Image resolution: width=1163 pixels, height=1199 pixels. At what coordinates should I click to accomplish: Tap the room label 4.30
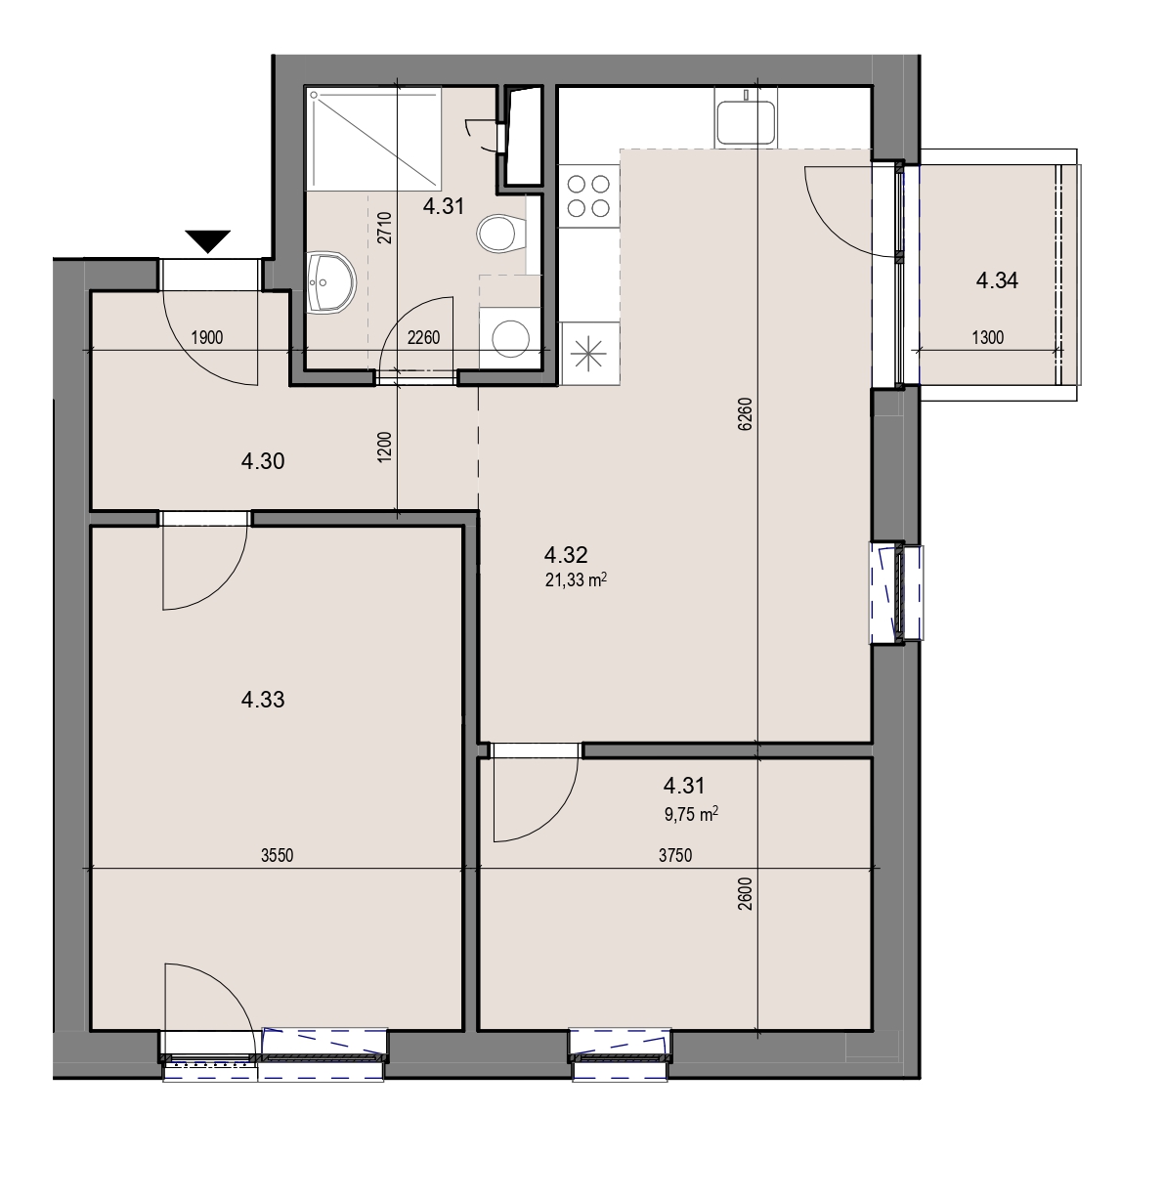(263, 461)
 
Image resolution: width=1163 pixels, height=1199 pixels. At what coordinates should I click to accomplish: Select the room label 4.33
(263, 700)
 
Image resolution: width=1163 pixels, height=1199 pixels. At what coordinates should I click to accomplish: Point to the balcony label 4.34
(997, 281)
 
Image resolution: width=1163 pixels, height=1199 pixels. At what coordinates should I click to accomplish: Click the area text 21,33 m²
(576, 579)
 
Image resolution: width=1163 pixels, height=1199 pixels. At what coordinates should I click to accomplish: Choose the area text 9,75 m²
(691, 815)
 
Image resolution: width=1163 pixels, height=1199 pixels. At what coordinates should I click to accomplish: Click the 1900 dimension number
(207, 338)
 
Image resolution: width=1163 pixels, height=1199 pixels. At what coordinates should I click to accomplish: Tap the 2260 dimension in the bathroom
(423, 338)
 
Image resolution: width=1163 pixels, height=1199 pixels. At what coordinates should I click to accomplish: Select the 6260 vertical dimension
(745, 414)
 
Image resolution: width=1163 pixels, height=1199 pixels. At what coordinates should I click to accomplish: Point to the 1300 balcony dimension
(987, 338)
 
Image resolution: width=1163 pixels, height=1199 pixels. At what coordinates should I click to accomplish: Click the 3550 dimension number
(277, 855)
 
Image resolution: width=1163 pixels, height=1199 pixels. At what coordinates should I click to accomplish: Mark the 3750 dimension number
(675, 855)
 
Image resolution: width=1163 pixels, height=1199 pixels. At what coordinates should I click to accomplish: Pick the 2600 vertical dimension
(745, 893)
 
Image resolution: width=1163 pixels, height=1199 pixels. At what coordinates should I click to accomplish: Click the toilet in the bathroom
(500, 234)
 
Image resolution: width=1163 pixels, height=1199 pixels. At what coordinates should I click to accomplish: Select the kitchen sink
(745, 122)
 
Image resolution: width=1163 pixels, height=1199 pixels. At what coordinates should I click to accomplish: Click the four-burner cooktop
(588, 195)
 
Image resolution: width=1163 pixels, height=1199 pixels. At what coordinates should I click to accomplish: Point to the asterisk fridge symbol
(588, 353)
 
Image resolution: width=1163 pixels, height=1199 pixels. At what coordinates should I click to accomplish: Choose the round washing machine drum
(510, 338)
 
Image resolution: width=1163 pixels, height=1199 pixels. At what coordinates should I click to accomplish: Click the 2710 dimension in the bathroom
(384, 228)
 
